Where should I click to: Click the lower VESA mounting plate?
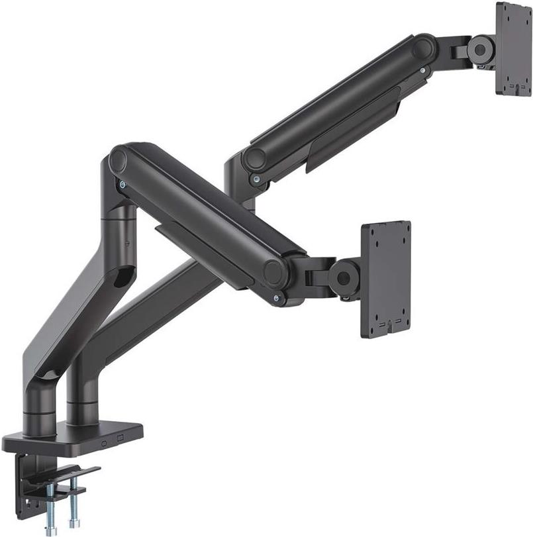coord(385,279)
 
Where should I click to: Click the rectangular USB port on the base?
coord(120,438)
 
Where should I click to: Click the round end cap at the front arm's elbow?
coord(119,160)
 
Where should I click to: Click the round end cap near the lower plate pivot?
coord(272,272)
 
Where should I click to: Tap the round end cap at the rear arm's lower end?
coord(253,159)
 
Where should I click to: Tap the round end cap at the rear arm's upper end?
coord(422,48)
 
